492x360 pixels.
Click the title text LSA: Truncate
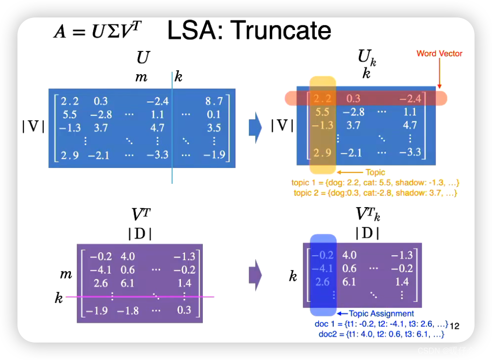point(249,31)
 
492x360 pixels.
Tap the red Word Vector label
point(439,53)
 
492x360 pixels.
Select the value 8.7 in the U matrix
point(214,101)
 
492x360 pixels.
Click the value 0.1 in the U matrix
point(214,115)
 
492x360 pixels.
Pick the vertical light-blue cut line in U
point(172,146)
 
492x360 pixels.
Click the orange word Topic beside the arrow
point(375,172)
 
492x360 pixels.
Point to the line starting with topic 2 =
point(376,193)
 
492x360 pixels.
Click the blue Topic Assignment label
point(381,313)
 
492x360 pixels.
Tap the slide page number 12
point(455,325)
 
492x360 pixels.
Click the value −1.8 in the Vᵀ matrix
point(128,310)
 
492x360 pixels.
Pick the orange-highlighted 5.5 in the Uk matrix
point(322,112)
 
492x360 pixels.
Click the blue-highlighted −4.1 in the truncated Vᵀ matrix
point(323,268)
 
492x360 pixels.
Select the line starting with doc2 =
point(381,335)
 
